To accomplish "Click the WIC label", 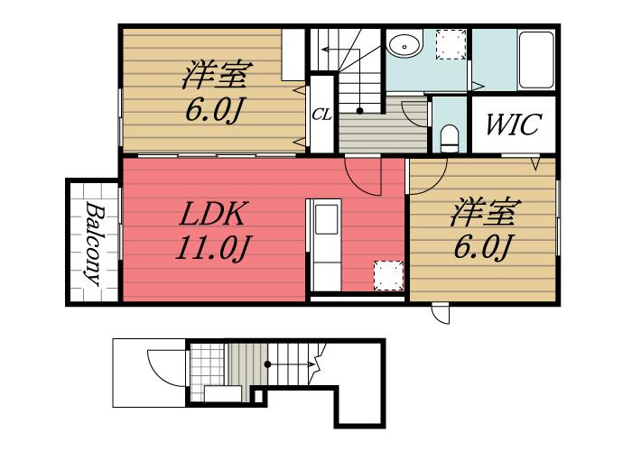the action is (x=513, y=124).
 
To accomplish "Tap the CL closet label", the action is (x=321, y=115).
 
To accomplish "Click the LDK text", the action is (x=212, y=214).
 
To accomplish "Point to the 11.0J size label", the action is (x=212, y=247).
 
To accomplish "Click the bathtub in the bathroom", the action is (x=535, y=60).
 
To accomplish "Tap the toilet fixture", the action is (x=449, y=138).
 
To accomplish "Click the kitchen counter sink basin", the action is (x=326, y=219).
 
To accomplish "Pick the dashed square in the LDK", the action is (x=388, y=275).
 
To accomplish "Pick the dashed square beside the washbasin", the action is (x=451, y=45).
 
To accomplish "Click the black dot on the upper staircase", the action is (x=359, y=111).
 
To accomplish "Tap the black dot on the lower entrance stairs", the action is (x=267, y=364).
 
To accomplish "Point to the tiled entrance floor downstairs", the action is (x=207, y=372).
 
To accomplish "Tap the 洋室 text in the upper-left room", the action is (x=217, y=75).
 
